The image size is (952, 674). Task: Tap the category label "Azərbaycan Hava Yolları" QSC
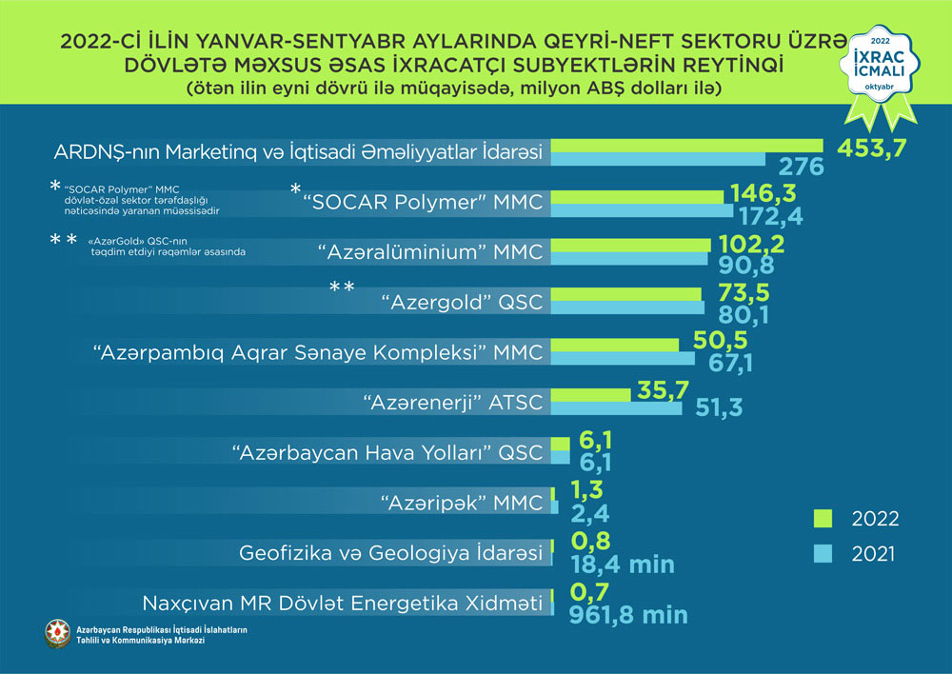pyautogui.click(x=387, y=451)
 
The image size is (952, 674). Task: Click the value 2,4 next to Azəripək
pyautogui.click(x=590, y=515)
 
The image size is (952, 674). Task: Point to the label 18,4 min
pyautogui.click(x=622, y=565)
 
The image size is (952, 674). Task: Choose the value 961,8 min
pyautogui.click(x=627, y=614)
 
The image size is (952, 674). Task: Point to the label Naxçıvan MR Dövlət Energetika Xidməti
pyautogui.click(x=342, y=603)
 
